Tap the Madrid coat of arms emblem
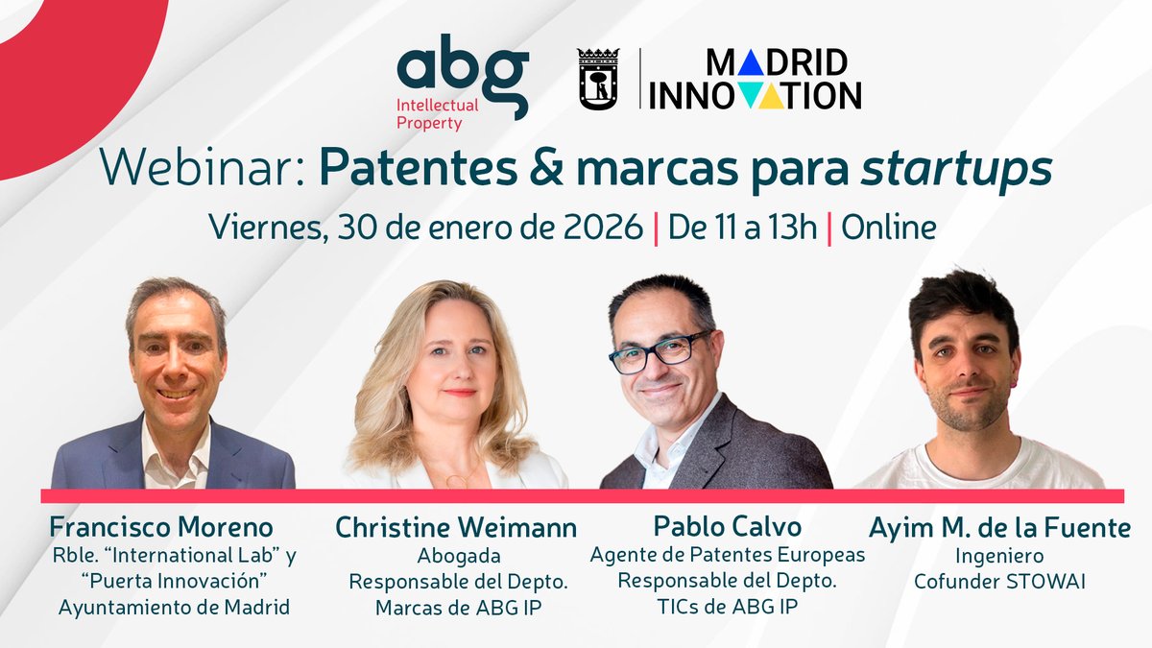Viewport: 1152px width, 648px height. [x=598, y=79]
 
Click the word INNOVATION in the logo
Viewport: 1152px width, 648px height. [x=756, y=95]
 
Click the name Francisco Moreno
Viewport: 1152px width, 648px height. [x=161, y=527]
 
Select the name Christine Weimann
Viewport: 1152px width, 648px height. [x=456, y=527]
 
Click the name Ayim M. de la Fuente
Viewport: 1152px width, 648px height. [x=999, y=527]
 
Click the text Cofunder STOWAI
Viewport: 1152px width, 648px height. [x=999, y=582]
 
